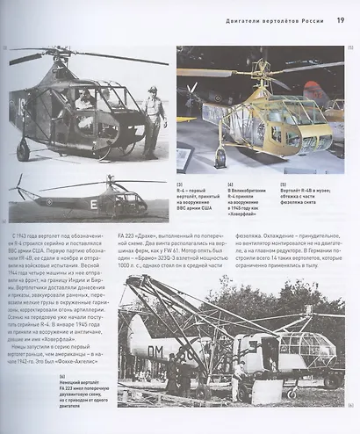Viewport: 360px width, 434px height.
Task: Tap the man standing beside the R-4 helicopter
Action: [155, 118]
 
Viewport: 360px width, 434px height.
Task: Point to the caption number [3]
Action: [179, 184]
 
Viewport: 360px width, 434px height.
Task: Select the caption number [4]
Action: [231, 184]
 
